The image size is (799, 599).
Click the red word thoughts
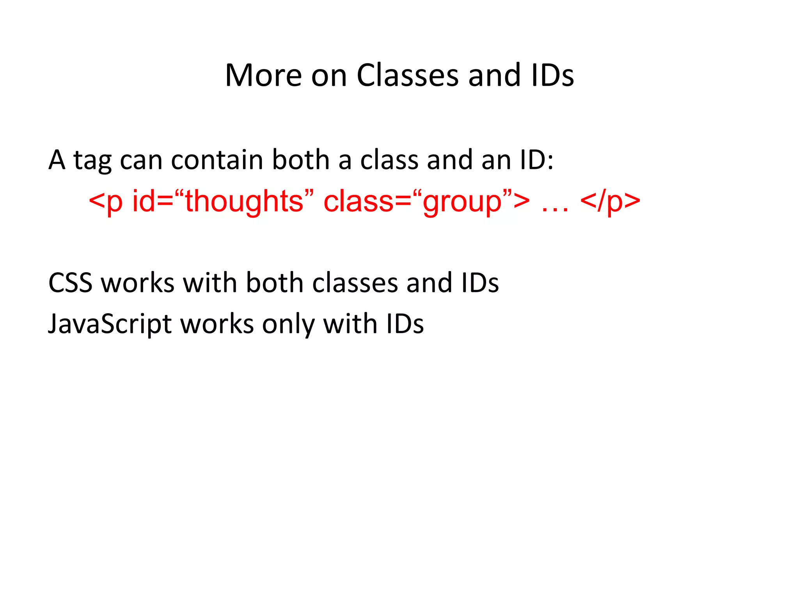point(244,201)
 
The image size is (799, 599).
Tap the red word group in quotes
point(462,202)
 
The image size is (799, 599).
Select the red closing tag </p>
point(610,201)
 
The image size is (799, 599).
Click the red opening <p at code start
point(105,201)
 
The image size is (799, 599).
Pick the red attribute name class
point(359,201)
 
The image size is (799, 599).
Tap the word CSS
point(70,283)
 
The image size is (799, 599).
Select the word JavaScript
point(110,324)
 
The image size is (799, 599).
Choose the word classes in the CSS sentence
point(355,283)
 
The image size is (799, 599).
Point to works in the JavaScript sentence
point(217,324)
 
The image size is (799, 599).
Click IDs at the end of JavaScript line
point(405,324)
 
